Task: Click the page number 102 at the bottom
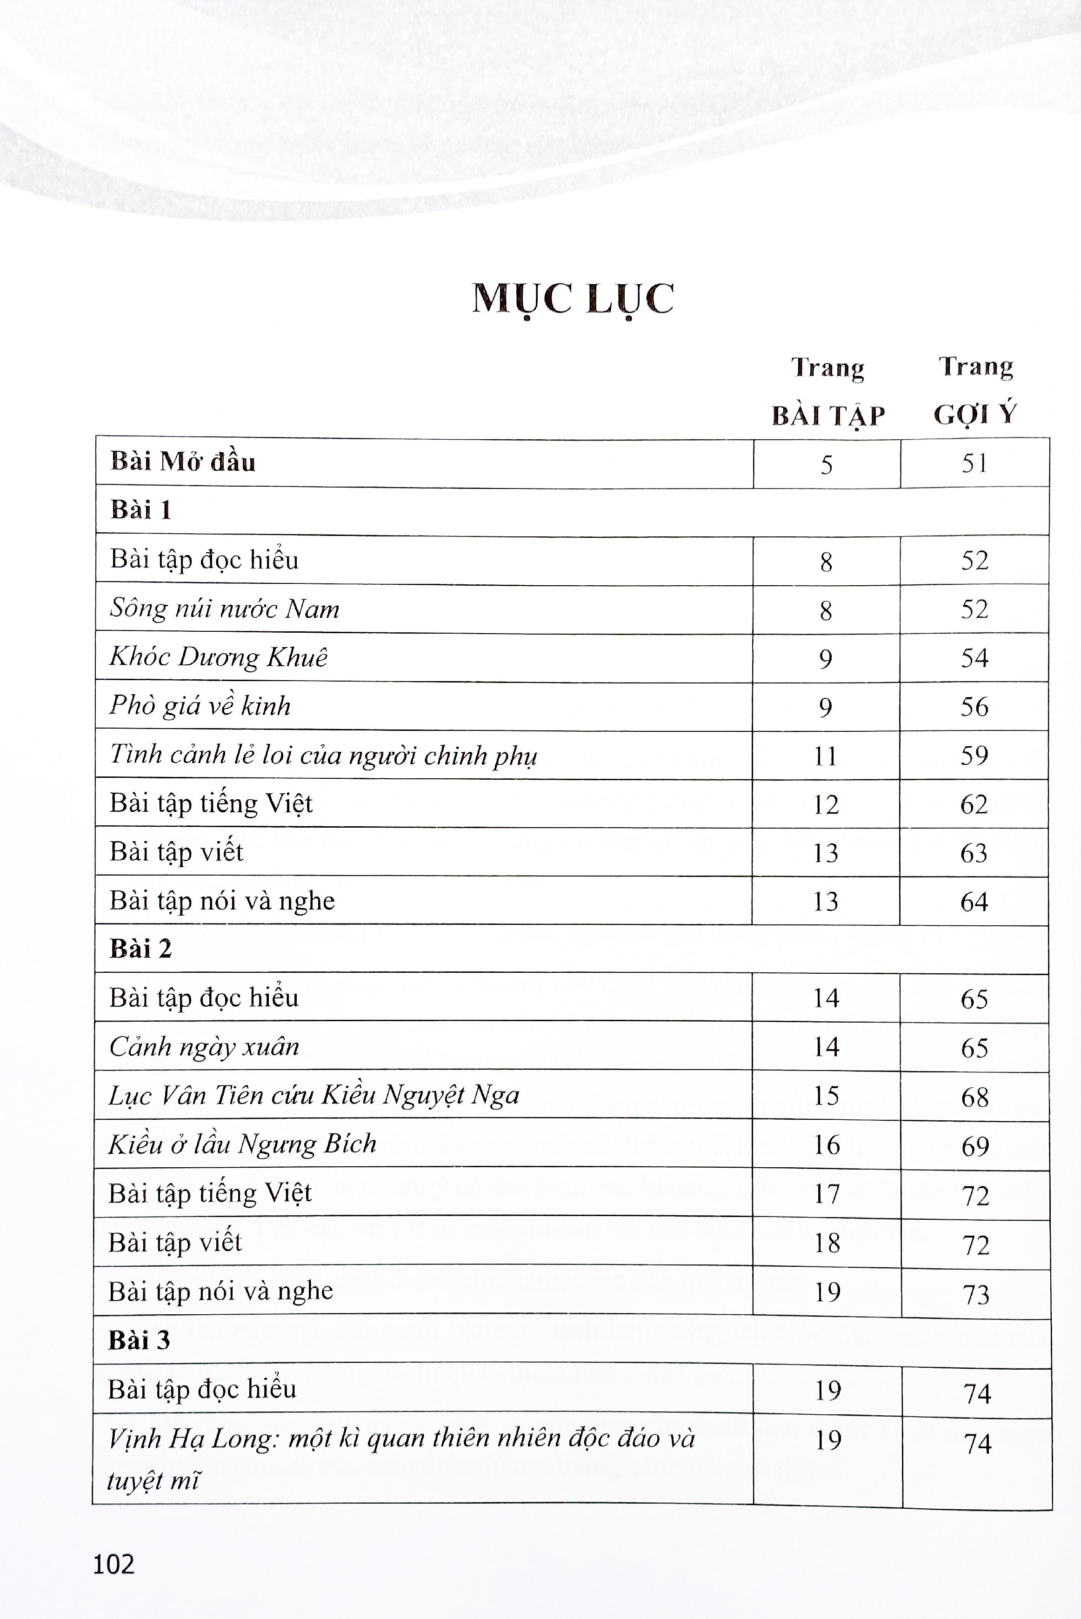point(114,1564)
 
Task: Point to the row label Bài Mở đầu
point(183,462)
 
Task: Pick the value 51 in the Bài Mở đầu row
point(974,463)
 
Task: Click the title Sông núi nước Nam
point(225,609)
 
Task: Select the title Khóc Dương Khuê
point(219,657)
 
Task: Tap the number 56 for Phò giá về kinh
point(974,707)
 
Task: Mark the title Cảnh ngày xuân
point(204,1047)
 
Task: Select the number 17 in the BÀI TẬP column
point(827,1194)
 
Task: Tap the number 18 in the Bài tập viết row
point(827,1243)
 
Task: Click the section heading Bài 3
point(139,1340)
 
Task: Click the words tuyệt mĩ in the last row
point(153,1480)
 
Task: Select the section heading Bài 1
point(140,510)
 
